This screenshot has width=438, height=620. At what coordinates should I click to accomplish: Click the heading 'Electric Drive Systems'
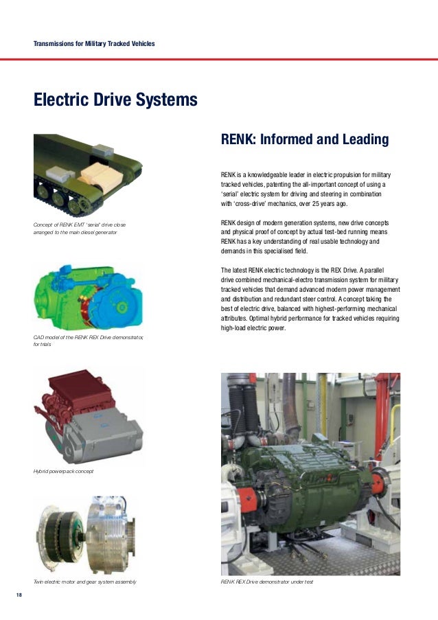[115, 101]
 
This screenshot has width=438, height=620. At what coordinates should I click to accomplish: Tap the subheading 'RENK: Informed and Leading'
[304, 140]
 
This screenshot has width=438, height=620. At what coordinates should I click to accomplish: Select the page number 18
[19, 594]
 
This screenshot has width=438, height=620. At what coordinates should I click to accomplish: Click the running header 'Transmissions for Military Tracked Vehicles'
[94, 44]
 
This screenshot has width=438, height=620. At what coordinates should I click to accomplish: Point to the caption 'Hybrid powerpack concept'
[63, 472]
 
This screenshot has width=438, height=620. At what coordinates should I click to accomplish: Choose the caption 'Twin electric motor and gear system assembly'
[84, 582]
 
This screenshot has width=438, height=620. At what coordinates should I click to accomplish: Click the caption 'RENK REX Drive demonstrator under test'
[266, 582]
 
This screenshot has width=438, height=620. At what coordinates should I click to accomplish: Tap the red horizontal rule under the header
[219, 60]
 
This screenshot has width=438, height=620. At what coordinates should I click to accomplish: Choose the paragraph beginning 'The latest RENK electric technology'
[310, 299]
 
